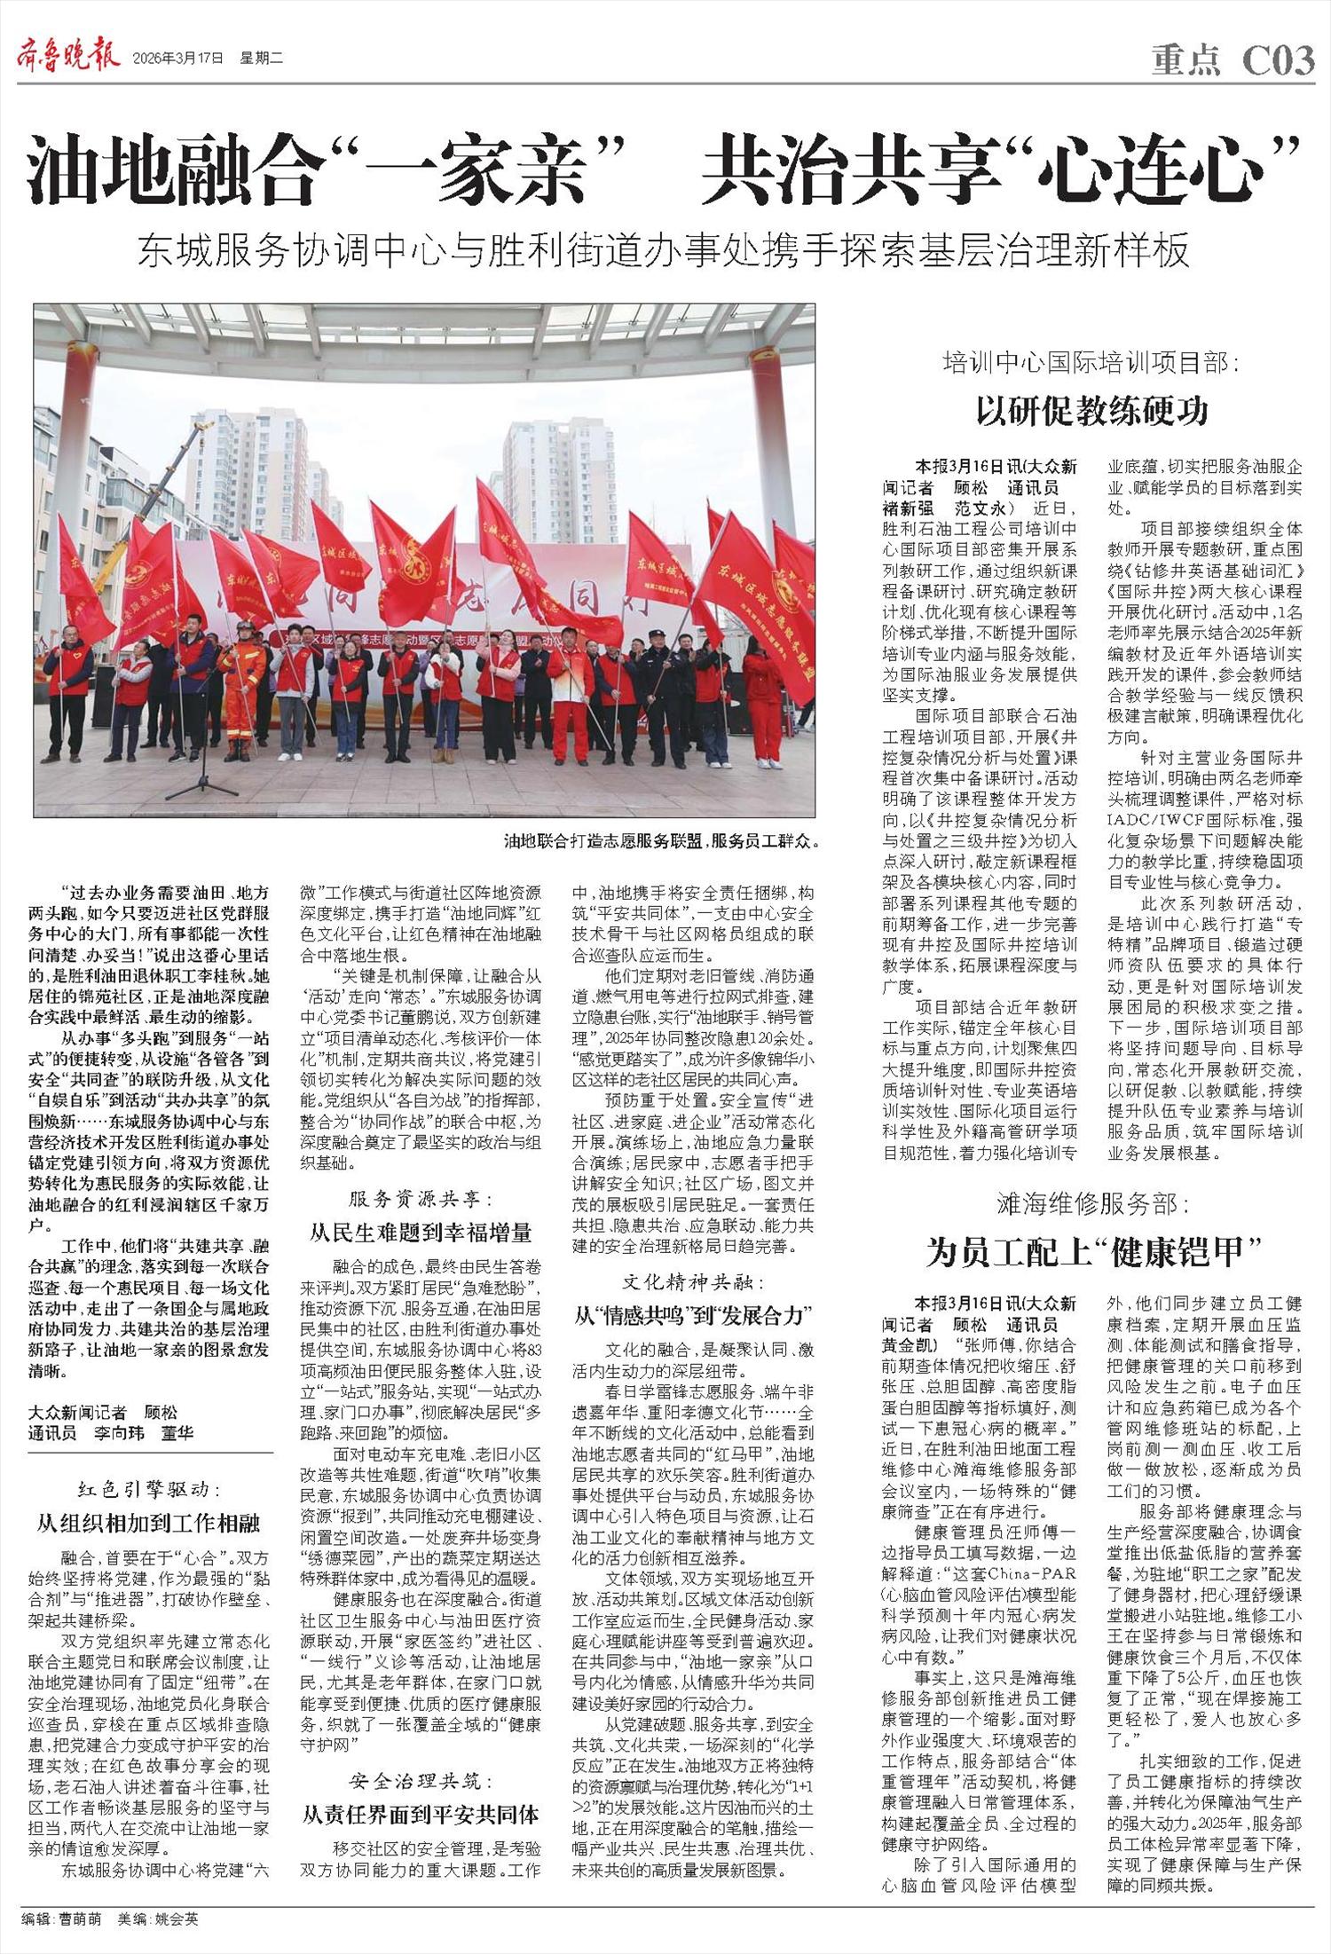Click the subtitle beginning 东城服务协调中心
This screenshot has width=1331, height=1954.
663,252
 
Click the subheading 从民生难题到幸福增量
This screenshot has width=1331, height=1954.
420,1232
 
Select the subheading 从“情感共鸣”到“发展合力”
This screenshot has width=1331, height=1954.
693,1314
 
